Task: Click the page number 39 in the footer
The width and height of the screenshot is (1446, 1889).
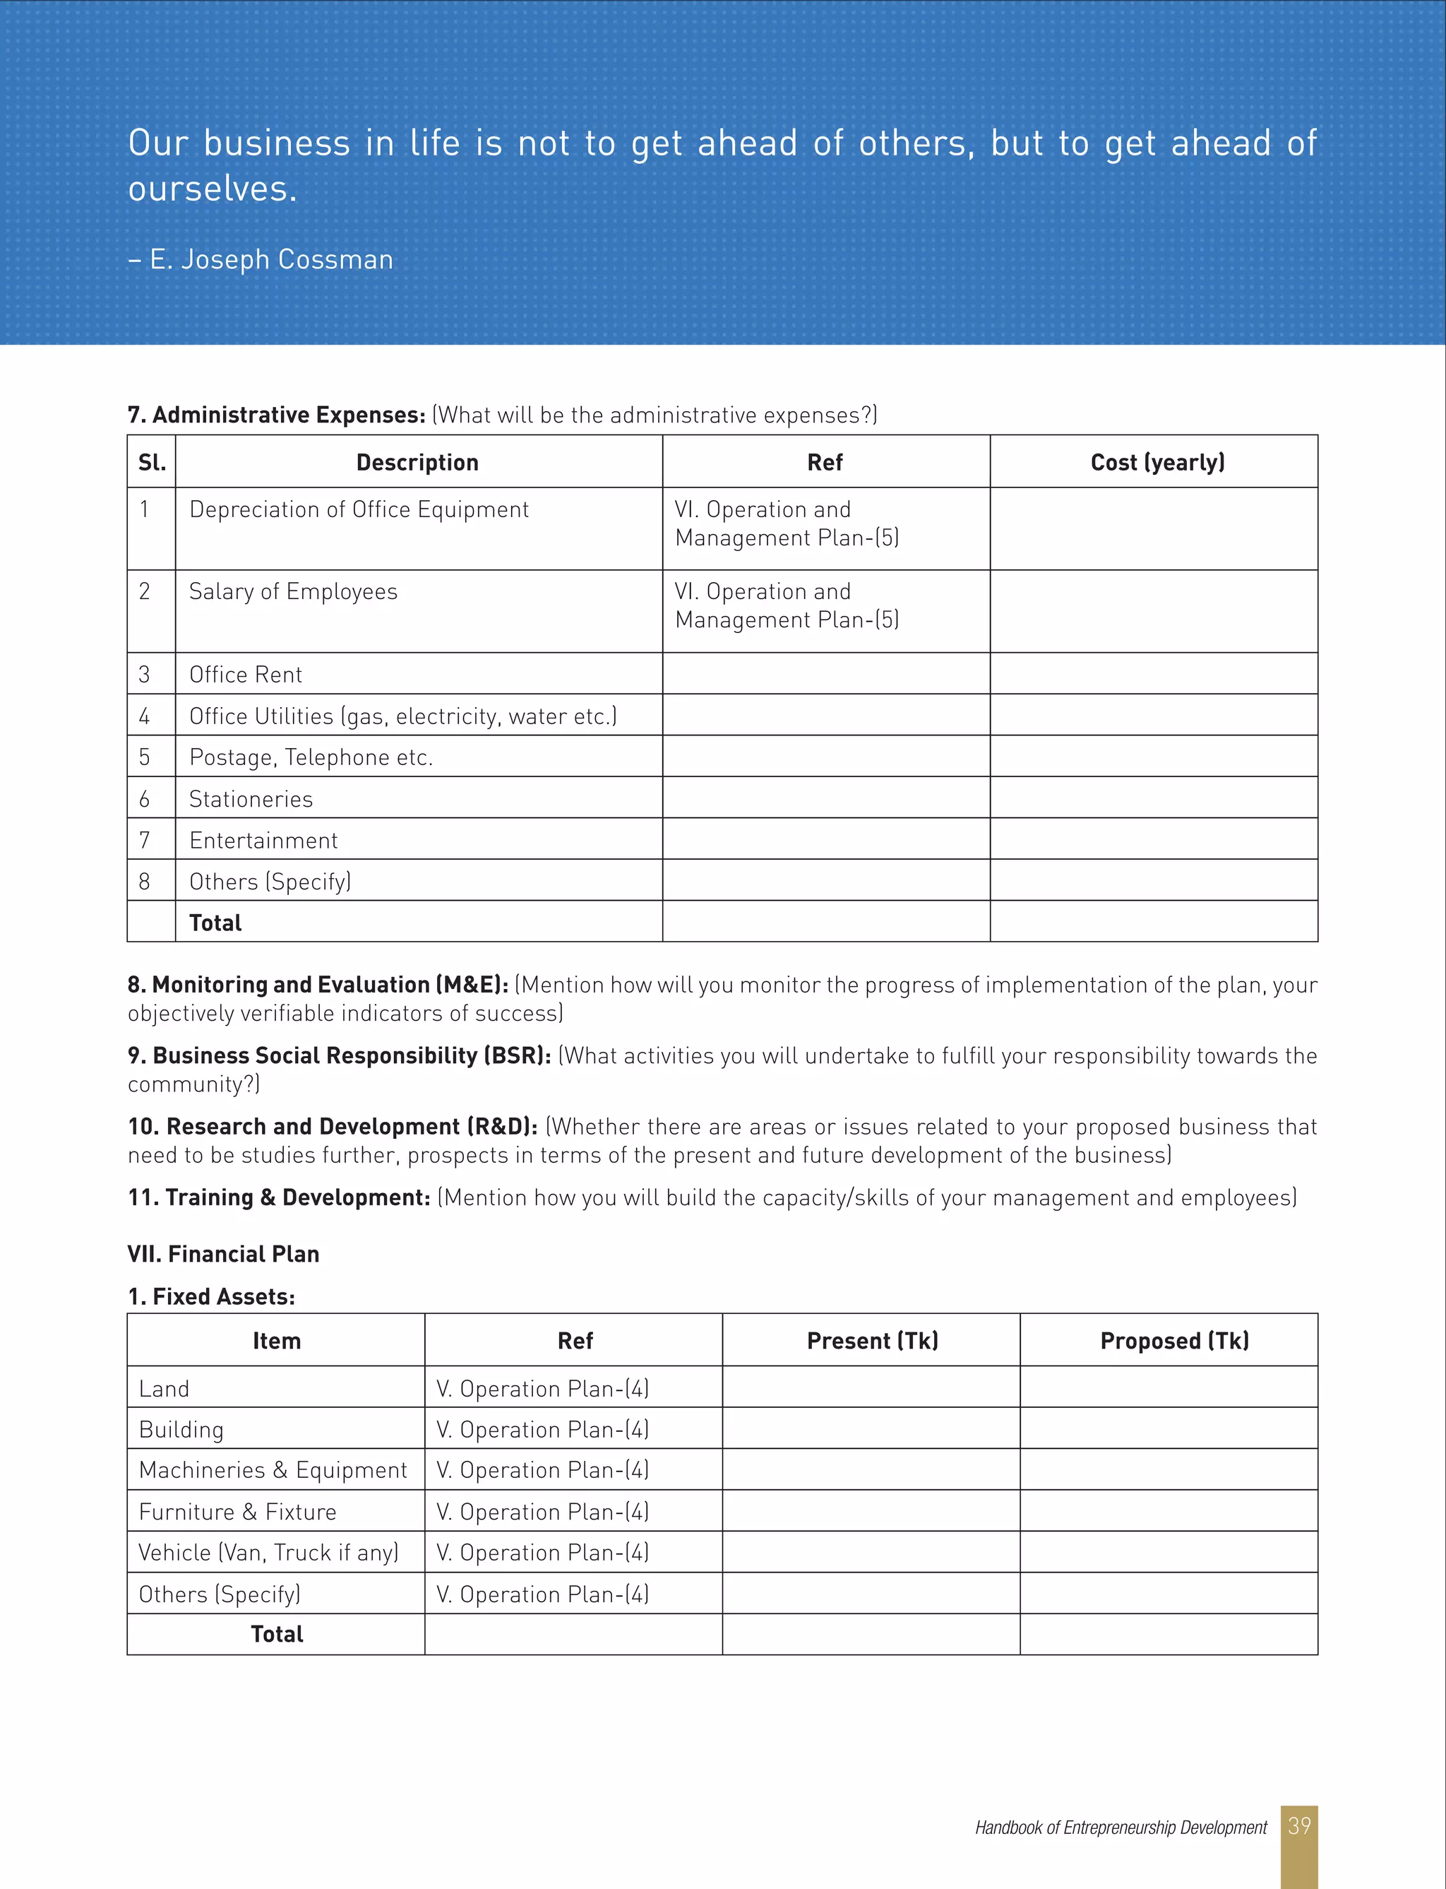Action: [1299, 1825]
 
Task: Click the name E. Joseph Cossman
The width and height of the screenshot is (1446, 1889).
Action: [271, 259]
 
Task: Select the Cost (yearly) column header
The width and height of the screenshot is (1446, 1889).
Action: [1157, 462]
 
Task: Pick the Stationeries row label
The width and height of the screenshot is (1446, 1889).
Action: [251, 799]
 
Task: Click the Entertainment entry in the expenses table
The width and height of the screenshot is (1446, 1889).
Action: [263, 841]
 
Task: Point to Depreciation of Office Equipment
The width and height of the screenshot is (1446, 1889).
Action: [359, 510]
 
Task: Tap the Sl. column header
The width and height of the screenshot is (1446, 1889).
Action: [152, 462]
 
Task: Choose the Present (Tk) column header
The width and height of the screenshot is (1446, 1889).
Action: [872, 1341]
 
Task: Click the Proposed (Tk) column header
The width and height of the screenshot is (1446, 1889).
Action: [1174, 1341]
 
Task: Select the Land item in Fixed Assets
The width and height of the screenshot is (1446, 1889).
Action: [164, 1389]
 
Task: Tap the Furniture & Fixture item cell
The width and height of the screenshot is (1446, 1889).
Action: [237, 1512]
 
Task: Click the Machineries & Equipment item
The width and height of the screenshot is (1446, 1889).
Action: [273, 1469]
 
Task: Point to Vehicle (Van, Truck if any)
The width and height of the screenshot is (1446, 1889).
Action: [268, 1552]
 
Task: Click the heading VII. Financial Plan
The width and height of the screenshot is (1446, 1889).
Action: [223, 1254]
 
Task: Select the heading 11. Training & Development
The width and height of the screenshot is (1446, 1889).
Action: [279, 1197]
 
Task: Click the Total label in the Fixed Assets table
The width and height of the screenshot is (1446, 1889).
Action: [276, 1634]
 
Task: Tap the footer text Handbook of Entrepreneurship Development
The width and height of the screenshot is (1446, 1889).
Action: [1121, 1827]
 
